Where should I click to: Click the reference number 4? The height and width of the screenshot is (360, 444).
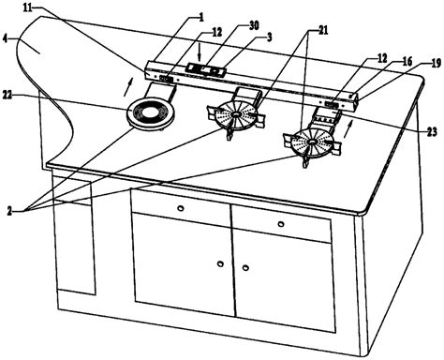tap(4, 39)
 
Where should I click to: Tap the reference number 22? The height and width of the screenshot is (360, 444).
tap(7, 95)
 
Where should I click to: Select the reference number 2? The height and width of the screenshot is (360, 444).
tap(9, 212)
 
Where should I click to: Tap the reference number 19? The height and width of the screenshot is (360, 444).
tap(437, 64)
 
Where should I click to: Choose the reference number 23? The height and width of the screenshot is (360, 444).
tap(432, 132)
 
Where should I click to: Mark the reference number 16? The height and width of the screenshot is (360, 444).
tap(407, 62)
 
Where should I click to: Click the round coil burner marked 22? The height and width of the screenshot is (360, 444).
tap(151, 112)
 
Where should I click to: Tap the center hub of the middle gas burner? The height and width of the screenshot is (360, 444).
tap(235, 114)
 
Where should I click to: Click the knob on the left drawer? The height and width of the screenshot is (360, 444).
tap(180, 208)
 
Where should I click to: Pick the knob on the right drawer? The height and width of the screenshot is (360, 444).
tap(281, 224)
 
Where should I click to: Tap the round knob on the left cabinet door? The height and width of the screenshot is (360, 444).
tap(220, 263)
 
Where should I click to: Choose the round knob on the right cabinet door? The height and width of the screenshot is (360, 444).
tap(245, 268)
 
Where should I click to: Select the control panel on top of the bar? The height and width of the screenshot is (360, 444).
tap(206, 69)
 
